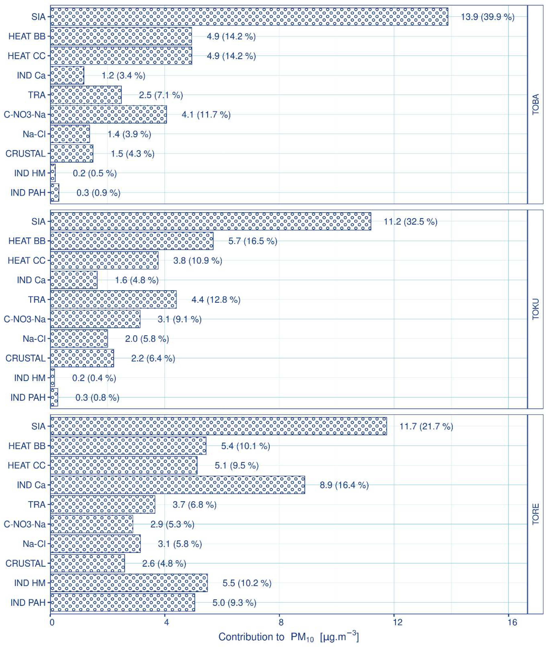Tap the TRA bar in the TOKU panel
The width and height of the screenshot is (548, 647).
[x=113, y=299]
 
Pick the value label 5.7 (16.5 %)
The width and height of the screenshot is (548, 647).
[x=253, y=241]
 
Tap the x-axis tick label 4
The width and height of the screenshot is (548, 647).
[x=167, y=622]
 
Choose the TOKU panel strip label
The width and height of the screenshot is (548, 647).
[x=536, y=309]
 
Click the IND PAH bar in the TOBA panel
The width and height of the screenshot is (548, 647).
[x=55, y=193]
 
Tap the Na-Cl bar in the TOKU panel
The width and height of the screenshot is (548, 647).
[x=79, y=339]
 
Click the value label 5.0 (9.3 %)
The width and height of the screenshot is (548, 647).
[x=234, y=603]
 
